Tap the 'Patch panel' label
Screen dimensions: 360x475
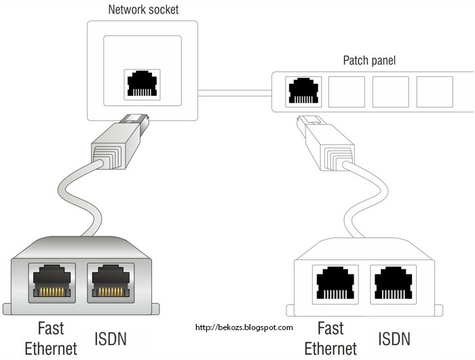369,60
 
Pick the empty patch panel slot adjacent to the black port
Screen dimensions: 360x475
346,92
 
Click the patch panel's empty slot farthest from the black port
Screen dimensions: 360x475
434,92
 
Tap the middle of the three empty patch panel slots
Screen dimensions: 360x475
390,92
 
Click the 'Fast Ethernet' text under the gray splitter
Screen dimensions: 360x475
51,338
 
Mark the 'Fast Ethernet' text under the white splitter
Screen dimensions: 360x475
330,338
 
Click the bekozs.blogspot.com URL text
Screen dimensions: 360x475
244,327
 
